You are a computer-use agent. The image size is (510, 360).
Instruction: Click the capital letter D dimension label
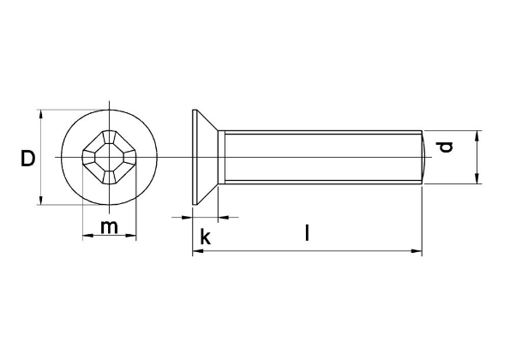point(28,158)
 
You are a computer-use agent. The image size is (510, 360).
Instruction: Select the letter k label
point(205,237)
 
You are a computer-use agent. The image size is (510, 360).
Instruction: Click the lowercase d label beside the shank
point(446,147)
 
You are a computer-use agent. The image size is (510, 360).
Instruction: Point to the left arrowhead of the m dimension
point(87,237)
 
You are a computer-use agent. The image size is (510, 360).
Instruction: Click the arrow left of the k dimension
point(185,218)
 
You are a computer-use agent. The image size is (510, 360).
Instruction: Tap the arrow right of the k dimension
point(225,218)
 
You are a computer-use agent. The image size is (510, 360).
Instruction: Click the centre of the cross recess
point(110,158)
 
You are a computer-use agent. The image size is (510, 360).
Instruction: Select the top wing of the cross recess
point(110,138)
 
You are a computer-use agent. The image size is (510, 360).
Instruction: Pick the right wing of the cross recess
point(129,158)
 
